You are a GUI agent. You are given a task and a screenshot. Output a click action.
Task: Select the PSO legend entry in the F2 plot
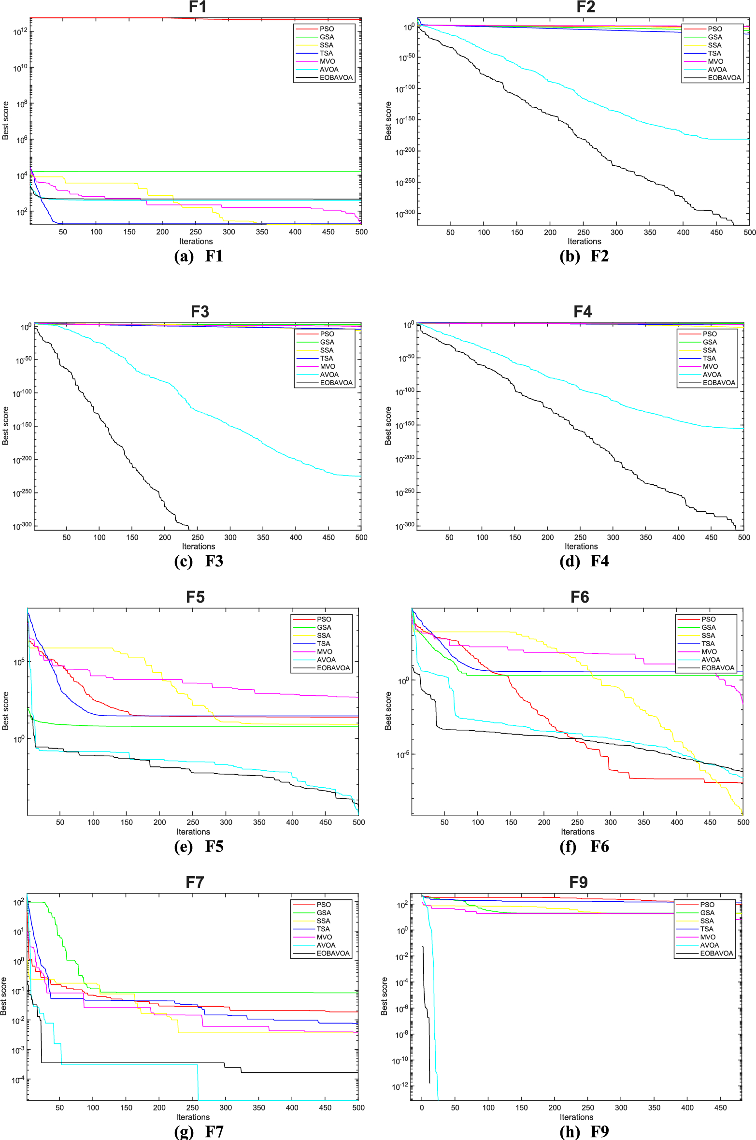coord(714,29)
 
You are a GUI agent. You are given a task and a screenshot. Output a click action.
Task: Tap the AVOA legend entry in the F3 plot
coord(329,375)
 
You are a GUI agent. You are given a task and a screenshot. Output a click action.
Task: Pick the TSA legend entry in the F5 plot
coord(323,644)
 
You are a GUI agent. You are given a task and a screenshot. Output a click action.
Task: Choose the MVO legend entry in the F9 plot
coord(708,937)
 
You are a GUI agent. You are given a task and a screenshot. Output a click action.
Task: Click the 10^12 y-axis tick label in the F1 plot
coord(20,32)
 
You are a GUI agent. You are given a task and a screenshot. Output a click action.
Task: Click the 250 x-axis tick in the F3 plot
coord(198,537)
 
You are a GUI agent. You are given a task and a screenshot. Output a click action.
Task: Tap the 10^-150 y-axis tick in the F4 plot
coord(405,425)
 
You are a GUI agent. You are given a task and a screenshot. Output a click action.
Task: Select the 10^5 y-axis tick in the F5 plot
coord(19,662)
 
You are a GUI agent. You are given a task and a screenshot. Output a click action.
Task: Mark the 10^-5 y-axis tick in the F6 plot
coord(403,755)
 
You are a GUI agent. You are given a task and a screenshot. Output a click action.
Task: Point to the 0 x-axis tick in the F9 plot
coord(422,1108)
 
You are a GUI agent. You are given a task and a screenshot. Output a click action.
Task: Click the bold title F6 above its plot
coord(579,597)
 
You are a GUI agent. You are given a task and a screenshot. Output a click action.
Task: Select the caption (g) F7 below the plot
coord(199,1131)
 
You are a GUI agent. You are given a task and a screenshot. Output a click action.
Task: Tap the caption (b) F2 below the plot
coord(584,256)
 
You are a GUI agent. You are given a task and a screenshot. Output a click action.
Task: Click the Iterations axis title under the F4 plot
coord(581,547)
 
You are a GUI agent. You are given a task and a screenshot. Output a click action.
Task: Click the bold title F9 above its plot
coord(578,882)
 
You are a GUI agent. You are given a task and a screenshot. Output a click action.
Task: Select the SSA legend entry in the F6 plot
coord(708,635)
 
